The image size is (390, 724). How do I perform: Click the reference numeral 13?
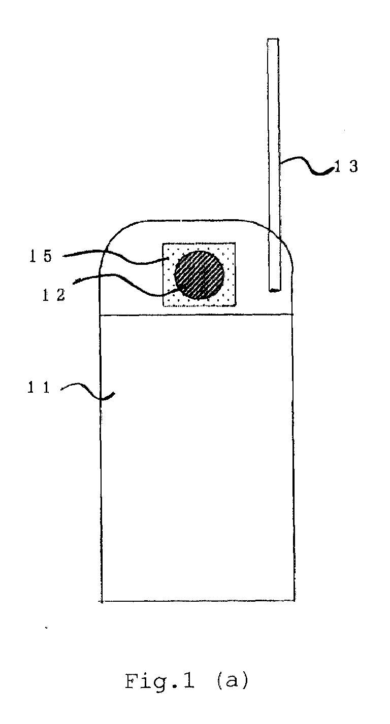pyautogui.click(x=346, y=166)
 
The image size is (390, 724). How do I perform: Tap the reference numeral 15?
pyautogui.click(x=41, y=256)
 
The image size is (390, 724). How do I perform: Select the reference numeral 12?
pyautogui.click(x=54, y=295)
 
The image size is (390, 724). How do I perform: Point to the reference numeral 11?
pyautogui.click(x=39, y=387)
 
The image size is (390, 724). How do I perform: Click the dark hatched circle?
pyautogui.click(x=199, y=274)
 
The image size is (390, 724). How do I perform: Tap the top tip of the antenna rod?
pyautogui.click(x=273, y=39)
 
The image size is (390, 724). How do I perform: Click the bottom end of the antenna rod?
pyautogui.click(x=275, y=291)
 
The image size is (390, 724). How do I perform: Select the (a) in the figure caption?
pyautogui.click(x=233, y=681)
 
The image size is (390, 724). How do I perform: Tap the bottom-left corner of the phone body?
pyautogui.click(x=101, y=602)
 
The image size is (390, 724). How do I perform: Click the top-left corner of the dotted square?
pyautogui.click(x=162, y=243)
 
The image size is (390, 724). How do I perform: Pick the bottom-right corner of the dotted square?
pyautogui.click(x=236, y=306)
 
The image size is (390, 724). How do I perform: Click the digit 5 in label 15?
pyautogui.click(x=47, y=256)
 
